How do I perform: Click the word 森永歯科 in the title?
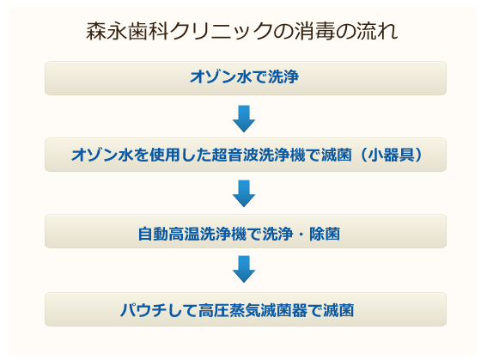(x=127, y=31)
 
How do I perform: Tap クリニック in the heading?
(x=221, y=31)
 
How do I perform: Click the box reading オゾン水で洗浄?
(x=246, y=78)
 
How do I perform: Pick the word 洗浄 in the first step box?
(x=283, y=76)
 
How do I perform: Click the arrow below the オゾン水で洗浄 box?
(x=244, y=119)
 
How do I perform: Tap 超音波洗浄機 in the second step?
(x=259, y=155)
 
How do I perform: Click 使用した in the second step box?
(x=180, y=155)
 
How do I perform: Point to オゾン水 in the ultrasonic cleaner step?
(x=102, y=155)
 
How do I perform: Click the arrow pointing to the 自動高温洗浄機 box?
(x=244, y=193)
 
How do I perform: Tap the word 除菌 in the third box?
(x=325, y=234)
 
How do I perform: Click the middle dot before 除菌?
(x=301, y=235)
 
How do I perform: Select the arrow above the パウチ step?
(x=244, y=269)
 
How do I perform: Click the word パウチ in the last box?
(x=143, y=310)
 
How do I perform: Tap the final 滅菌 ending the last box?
(x=338, y=310)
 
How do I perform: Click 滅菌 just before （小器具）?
(x=337, y=155)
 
